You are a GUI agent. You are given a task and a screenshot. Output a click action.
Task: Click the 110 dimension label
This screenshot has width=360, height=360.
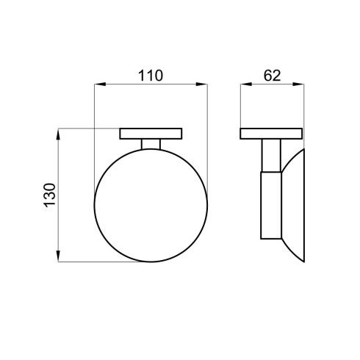pos(151,76)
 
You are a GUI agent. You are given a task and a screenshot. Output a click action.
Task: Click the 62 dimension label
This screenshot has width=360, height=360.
pos(272,76)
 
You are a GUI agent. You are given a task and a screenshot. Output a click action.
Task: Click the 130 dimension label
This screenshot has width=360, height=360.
pos(50,195)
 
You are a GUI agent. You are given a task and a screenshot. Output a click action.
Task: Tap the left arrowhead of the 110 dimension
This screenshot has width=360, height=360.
pos(100,84)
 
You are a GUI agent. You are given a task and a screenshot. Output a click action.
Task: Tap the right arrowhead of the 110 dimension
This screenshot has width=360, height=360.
pos(202,84)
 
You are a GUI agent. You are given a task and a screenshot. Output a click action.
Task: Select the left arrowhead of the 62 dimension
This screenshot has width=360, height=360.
pos(246,84)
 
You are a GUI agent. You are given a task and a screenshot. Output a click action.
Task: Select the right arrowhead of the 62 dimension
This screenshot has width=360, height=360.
pos(298,84)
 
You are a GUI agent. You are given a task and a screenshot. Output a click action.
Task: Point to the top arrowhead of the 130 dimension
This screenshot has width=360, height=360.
pos(58,134)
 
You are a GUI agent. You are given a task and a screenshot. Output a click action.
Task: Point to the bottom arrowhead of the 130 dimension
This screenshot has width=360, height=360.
pos(58,256)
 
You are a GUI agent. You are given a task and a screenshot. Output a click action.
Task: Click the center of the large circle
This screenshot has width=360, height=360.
pos(151,206)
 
